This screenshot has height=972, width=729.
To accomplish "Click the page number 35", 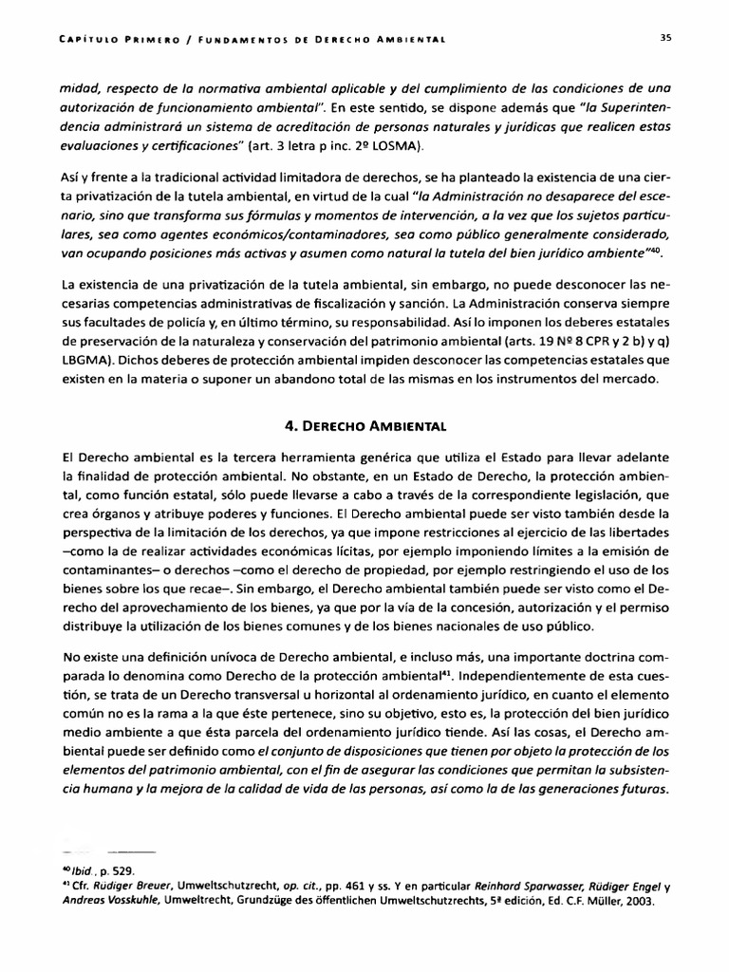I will click(665, 38).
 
